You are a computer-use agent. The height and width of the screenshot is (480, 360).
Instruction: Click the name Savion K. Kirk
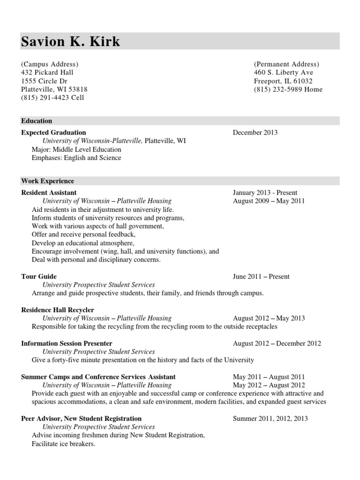[x=71, y=42]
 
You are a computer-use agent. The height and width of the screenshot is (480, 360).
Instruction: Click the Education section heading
[x=37, y=121]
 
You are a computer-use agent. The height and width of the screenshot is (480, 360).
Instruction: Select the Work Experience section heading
[x=47, y=181]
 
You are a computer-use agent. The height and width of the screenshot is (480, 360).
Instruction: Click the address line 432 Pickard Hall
[x=47, y=73]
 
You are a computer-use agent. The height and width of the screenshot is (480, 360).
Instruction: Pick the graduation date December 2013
[x=255, y=133]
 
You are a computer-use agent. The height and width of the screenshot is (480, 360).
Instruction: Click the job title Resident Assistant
[x=49, y=193]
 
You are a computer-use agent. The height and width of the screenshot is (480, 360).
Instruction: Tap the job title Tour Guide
[x=39, y=277]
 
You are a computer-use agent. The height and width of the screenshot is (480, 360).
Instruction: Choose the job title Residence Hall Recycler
[x=58, y=310]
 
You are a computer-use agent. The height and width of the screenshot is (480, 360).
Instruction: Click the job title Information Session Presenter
[x=67, y=344]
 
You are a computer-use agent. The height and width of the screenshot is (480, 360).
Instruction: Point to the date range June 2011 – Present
[x=261, y=277]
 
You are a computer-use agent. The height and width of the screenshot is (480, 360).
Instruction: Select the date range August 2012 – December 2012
[x=277, y=344]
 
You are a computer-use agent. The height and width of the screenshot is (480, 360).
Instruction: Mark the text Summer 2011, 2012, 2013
[x=270, y=419]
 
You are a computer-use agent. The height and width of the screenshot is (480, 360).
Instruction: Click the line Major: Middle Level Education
[x=76, y=150]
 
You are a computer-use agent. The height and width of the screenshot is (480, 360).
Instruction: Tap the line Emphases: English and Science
[x=76, y=158]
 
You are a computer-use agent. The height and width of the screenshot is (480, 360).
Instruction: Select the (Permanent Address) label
[x=286, y=64]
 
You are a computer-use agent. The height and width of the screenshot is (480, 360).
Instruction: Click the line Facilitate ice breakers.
[x=63, y=444]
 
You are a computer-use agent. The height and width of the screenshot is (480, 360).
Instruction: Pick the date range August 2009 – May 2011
[x=269, y=201]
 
